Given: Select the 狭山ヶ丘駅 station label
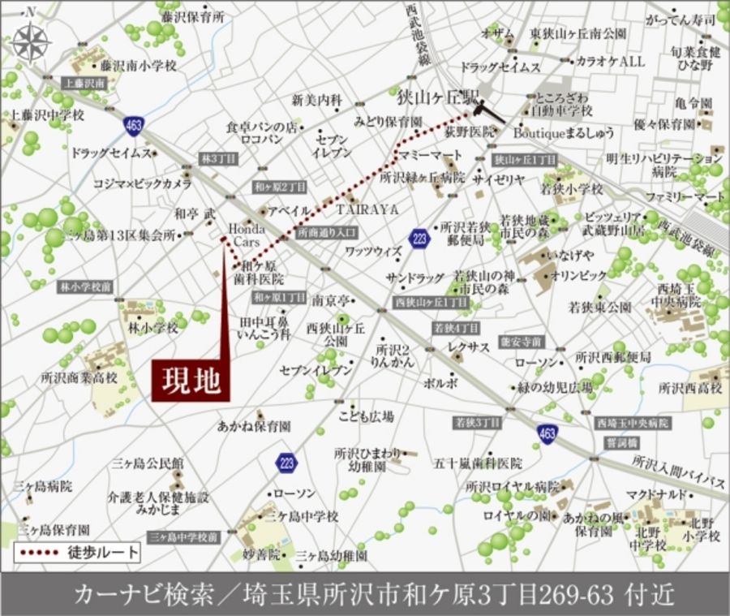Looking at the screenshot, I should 435,96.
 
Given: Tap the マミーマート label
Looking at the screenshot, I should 428,154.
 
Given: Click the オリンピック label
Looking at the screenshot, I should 578,275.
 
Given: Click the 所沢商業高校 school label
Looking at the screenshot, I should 79,378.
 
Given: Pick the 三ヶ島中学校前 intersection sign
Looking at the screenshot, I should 184,536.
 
